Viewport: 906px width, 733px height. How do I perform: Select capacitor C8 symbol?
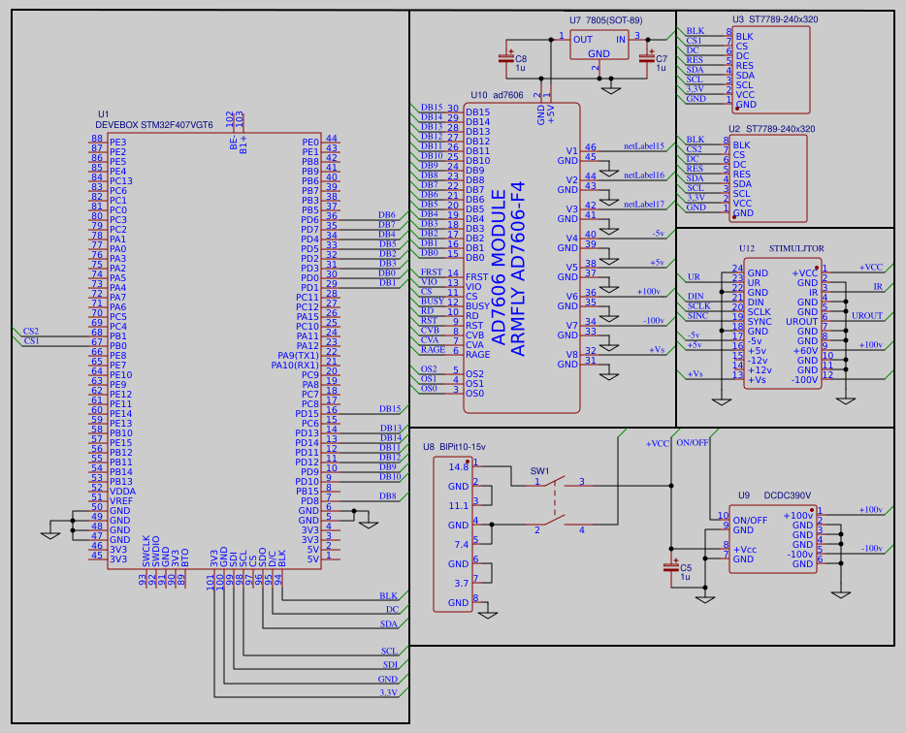coord(505,59)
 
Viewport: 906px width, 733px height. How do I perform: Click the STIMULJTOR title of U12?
coord(795,249)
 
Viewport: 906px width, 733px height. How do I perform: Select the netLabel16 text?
coord(643,175)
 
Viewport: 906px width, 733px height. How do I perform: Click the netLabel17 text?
coord(643,205)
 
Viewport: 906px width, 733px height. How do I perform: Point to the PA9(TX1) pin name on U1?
coord(298,355)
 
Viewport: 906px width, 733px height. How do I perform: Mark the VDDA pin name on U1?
coord(122,491)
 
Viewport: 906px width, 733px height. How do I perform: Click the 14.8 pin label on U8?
coord(459,466)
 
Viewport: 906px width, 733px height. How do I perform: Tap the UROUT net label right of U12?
coord(866,315)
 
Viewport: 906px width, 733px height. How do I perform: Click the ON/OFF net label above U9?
coord(692,442)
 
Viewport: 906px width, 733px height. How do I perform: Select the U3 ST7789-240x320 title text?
coord(774,19)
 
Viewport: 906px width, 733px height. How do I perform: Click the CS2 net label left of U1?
coord(31,331)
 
